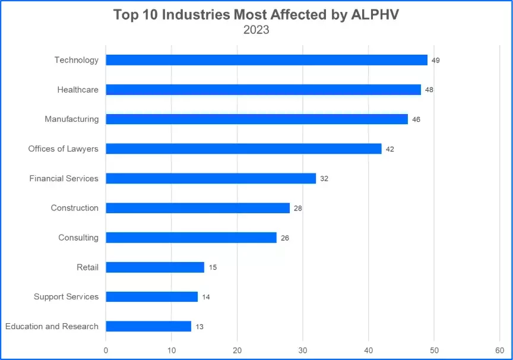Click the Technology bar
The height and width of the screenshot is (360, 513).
coord(267,60)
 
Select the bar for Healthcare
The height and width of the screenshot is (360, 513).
coord(263,90)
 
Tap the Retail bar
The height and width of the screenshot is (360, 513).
coord(155,267)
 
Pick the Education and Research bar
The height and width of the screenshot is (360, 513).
coord(148,326)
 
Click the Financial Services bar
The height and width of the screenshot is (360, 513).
coord(211,178)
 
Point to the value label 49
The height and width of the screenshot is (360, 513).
coord(436,61)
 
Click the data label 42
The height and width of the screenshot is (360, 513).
coord(390,149)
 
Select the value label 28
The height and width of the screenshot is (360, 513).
coord(298,209)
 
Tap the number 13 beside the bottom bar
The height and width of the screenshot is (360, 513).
coord(199,327)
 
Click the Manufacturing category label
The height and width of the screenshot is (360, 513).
coord(71,119)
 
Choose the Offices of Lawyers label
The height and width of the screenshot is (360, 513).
coord(63,149)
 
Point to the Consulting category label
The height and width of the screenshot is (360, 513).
coord(78,238)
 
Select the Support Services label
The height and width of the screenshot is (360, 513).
coord(66,296)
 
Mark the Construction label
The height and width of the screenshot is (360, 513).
coord(74,208)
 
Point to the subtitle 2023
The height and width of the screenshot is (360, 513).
coord(256,30)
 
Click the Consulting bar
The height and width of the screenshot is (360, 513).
coord(191,238)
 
